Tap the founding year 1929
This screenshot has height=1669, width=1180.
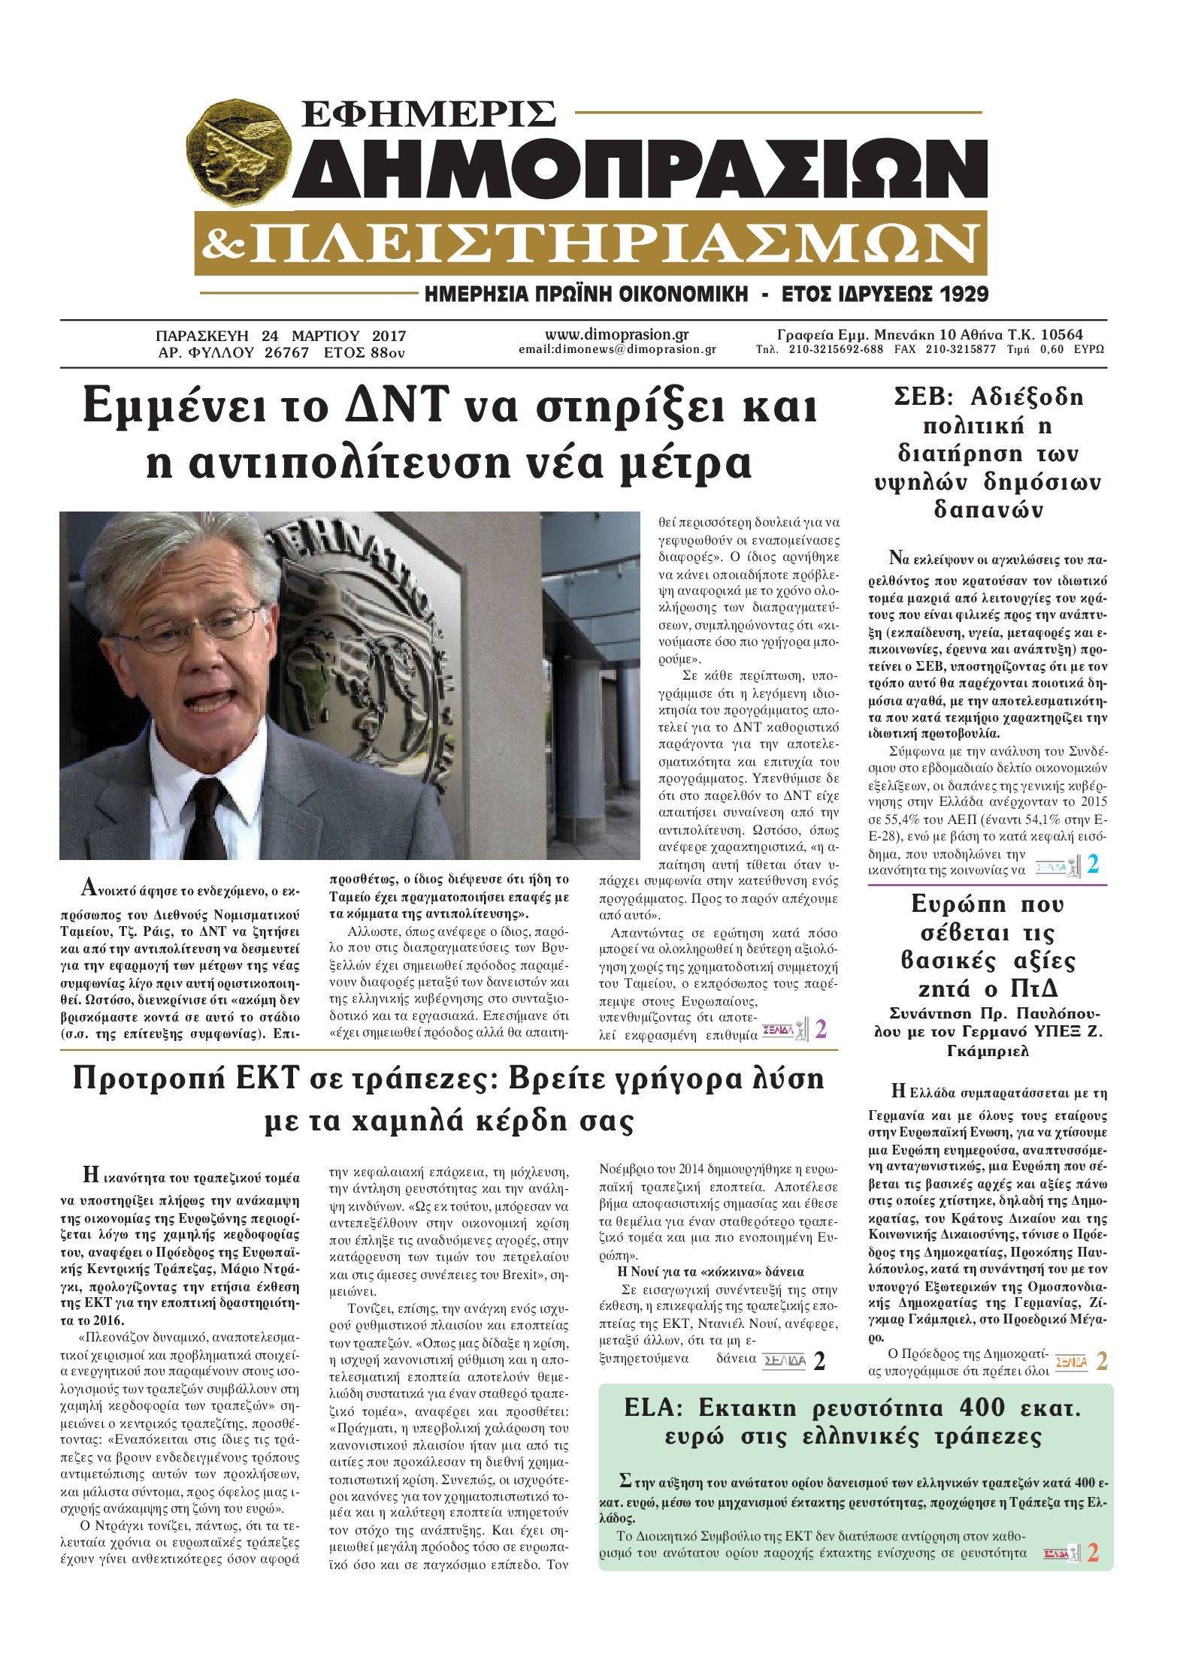[958, 294]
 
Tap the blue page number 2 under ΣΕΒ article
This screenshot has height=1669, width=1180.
[1093, 865]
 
